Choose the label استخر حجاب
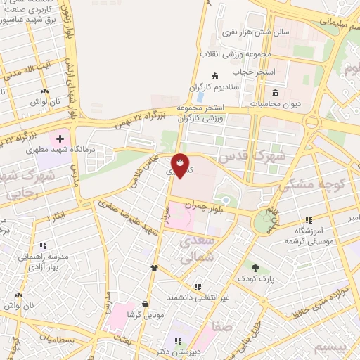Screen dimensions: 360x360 pyautogui.click(x=259, y=72)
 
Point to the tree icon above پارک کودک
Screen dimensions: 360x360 pyautogui.click(x=255, y=267)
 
